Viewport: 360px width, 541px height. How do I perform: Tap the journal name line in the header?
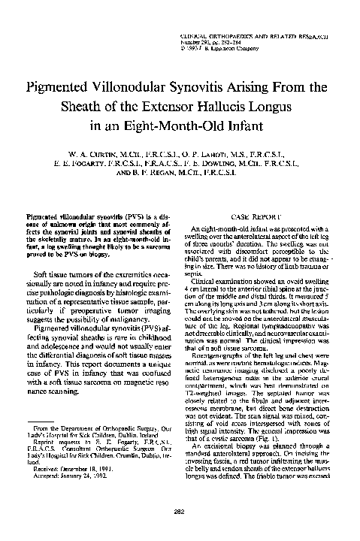point(258,35)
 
